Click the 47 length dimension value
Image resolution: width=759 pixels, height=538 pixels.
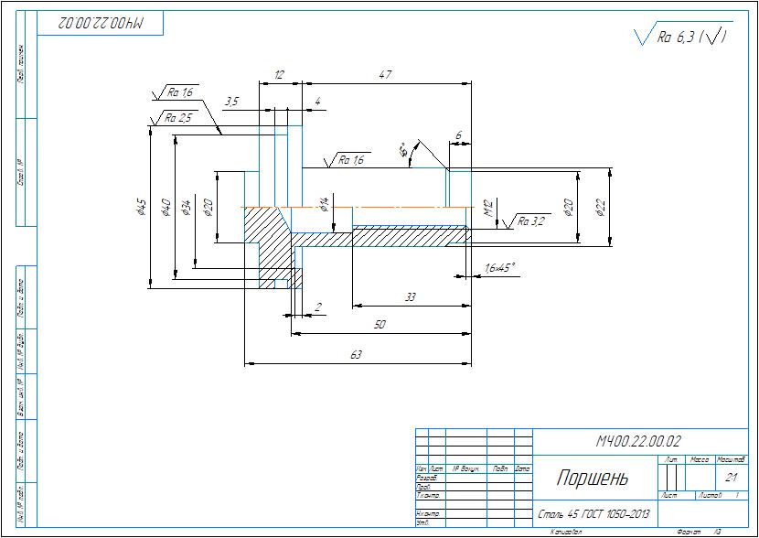pyautogui.click(x=385, y=74)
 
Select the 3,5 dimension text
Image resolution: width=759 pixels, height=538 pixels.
pyautogui.click(x=231, y=102)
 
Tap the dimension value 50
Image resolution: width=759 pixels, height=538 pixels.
pyautogui.click(x=379, y=325)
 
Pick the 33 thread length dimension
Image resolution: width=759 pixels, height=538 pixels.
pyautogui.click(x=410, y=296)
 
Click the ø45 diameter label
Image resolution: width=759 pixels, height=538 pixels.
pyautogui.click(x=141, y=209)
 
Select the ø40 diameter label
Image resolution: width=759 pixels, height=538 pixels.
pyautogui.click(x=166, y=207)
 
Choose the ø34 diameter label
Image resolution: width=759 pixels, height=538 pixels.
pyautogui.click(x=187, y=208)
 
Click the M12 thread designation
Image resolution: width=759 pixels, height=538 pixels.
pyautogui.click(x=488, y=210)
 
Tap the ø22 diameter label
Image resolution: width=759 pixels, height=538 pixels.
pyautogui.click(x=601, y=208)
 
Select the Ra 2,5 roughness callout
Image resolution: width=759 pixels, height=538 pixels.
pyautogui.click(x=178, y=118)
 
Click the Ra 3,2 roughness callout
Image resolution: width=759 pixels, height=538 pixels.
pyautogui.click(x=530, y=221)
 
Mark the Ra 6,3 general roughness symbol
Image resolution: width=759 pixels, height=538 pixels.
pyautogui.click(x=681, y=37)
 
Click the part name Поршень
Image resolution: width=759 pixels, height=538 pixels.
pyautogui.click(x=593, y=478)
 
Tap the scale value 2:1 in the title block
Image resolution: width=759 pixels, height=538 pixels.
pyautogui.click(x=730, y=477)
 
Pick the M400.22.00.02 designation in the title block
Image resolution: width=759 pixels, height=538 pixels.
pyautogui.click(x=639, y=441)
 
